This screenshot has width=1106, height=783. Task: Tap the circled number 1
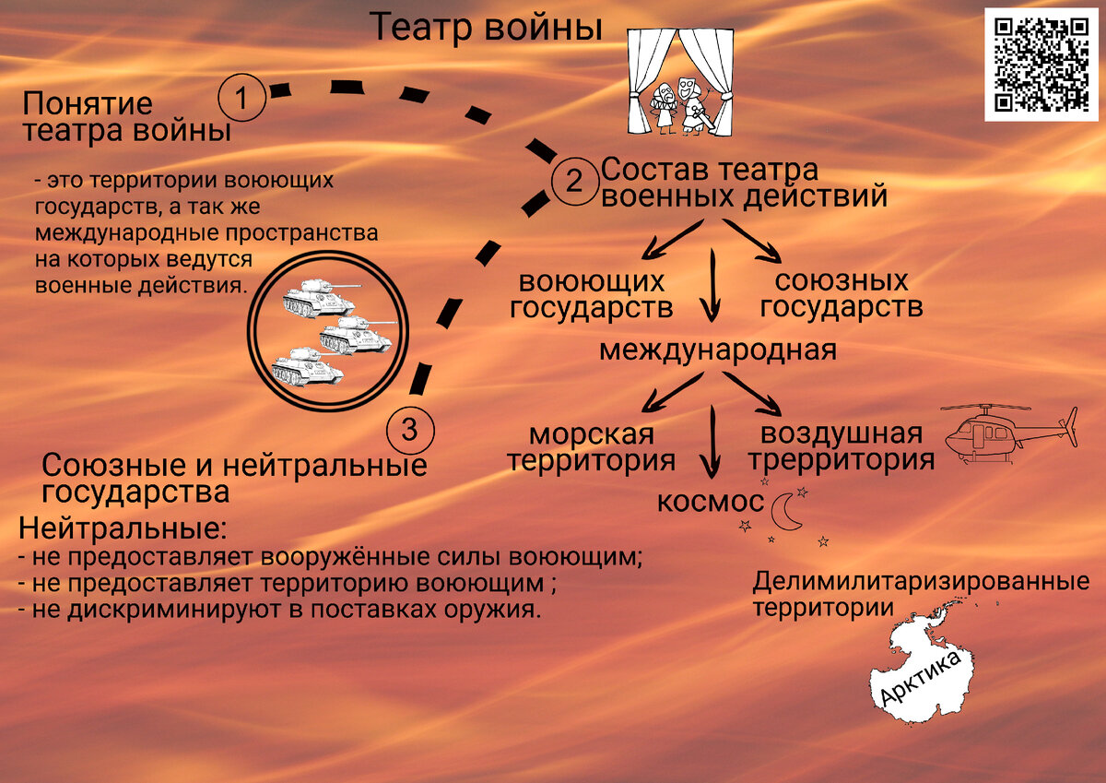241,97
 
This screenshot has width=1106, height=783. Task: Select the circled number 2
573,181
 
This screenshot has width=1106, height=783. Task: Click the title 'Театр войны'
486,27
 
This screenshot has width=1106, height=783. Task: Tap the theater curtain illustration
681,81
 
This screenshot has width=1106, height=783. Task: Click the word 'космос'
710,502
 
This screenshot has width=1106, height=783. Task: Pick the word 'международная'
718,350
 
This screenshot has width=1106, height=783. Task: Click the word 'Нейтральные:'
122,530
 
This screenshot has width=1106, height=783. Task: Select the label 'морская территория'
591,447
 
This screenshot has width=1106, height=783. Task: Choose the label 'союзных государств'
841,294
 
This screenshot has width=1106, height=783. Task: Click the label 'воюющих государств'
591,294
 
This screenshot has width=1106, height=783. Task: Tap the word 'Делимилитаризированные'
921,583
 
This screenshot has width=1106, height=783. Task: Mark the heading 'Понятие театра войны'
126,117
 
